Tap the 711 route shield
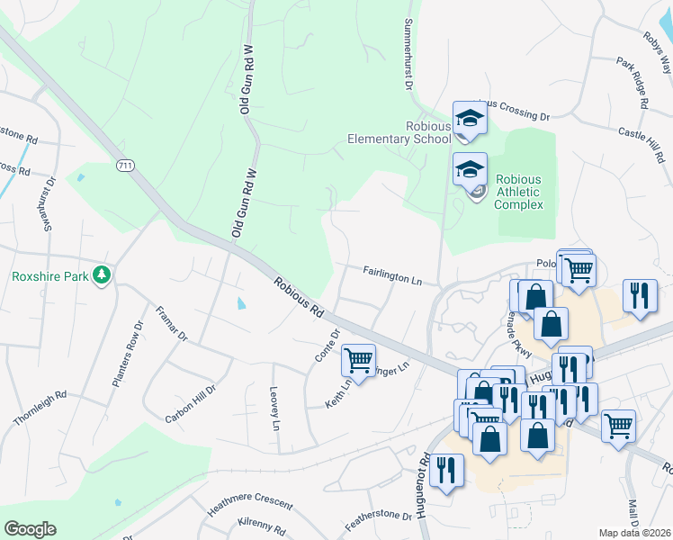point(124,166)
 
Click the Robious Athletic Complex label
point(519,192)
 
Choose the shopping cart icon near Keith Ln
point(359,360)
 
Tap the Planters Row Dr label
point(127,355)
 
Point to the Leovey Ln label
point(275,408)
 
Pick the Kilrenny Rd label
point(262,525)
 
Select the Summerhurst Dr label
point(408,53)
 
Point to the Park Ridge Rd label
point(632,83)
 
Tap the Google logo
point(30,529)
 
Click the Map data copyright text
point(635,533)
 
